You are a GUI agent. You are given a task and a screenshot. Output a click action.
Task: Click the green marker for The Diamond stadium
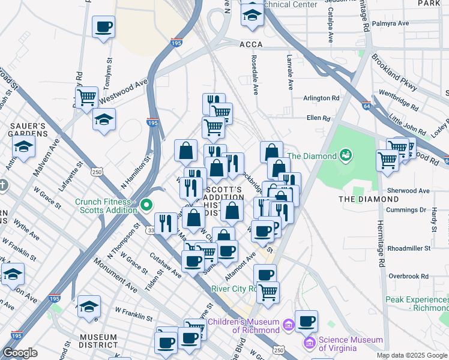tap(345, 156)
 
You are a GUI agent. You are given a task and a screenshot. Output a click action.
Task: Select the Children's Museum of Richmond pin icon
tap(288, 325)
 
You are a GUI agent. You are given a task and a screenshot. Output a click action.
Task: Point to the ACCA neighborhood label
tap(252, 44)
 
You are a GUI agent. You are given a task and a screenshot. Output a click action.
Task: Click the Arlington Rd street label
tap(321, 98)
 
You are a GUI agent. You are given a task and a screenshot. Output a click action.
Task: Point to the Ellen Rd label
tap(318, 118)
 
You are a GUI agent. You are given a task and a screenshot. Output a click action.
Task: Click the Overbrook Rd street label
tap(408, 276)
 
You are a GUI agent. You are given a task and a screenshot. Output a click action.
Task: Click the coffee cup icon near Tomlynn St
tap(104, 27)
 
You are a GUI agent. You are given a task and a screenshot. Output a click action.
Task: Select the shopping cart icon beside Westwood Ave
tap(87, 97)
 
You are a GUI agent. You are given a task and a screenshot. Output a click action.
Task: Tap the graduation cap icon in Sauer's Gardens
tap(25, 146)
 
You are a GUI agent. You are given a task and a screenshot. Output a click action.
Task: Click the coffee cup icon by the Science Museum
tap(307, 321)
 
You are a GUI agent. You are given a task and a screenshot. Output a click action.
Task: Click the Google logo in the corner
tap(20, 353)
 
